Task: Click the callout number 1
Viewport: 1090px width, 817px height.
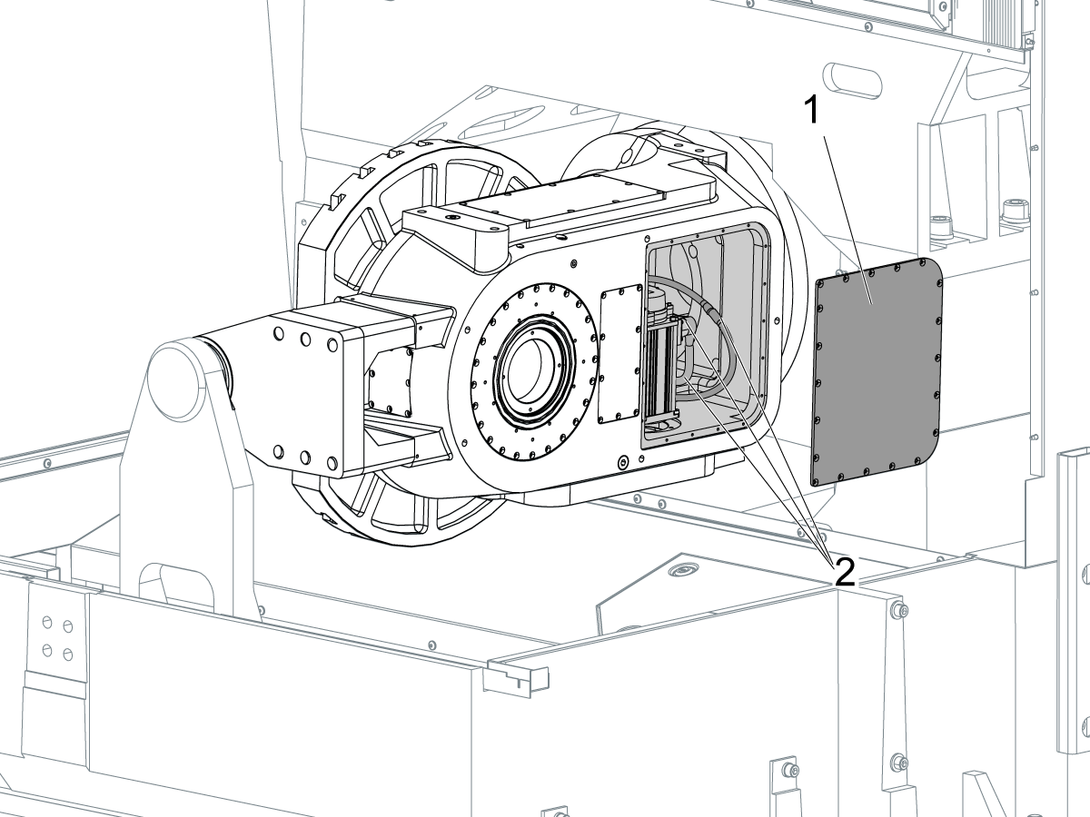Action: pos(813,110)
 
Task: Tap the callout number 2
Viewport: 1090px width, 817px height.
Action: pos(845,573)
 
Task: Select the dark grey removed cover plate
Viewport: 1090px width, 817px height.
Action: pos(877,371)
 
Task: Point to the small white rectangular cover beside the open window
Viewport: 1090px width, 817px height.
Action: pos(620,354)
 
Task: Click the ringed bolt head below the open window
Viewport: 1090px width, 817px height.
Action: pos(623,463)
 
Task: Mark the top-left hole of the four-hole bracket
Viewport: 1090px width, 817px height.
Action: pos(47,622)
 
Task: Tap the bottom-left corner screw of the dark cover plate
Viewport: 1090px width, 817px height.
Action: pos(816,481)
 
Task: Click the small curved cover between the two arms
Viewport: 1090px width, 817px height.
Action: pos(391,381)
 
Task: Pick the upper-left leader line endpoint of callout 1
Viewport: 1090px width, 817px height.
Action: pos(826,137)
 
